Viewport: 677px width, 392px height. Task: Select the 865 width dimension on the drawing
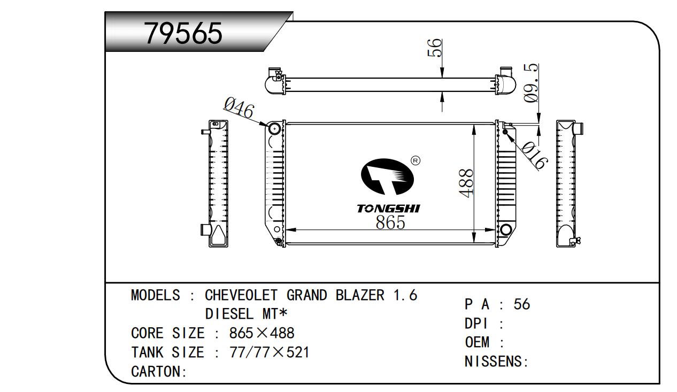(390, 222)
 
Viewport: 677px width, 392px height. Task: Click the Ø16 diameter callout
(534, 156)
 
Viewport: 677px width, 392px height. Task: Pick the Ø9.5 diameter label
(530, 83)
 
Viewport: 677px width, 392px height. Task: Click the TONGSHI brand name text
(388, 209)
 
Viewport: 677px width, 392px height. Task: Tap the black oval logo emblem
(389, 178)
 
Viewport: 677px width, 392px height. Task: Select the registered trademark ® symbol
(415, 160)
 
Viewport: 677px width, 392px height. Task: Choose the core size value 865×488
(261, 334)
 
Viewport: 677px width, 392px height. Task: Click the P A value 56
(521, 304)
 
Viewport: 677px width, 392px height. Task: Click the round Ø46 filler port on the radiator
(274, 128)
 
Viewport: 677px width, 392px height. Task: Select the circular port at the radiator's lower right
(504, 230)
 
